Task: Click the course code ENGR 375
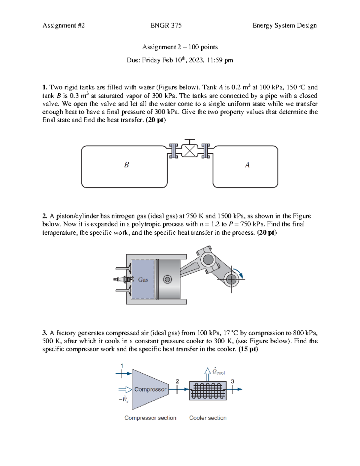point(166,26)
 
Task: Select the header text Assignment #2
point(64,26)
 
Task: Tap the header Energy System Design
point(284,26)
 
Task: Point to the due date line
point(180,60)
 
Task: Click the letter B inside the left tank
point(126,165)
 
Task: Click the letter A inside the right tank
point(247,165)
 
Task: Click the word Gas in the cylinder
point(143,280)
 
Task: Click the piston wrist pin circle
point(167,280)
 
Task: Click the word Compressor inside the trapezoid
point(150,389)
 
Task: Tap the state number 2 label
point(177,381)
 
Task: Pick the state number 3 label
point(232,381)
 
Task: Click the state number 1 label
point(122,366)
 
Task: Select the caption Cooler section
point(208,418)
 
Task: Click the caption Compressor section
point(150,418)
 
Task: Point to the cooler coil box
point(208,391)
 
